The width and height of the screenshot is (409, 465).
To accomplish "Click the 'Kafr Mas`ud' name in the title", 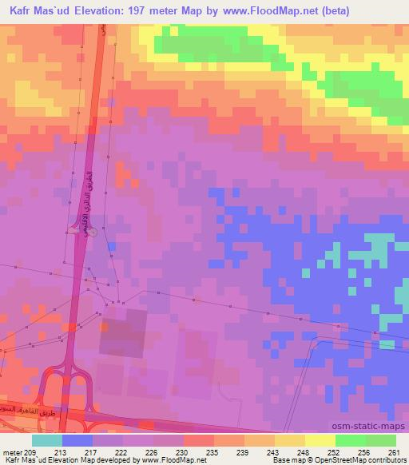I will click(38, 11).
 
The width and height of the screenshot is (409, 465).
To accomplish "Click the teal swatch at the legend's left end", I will click(47, 440).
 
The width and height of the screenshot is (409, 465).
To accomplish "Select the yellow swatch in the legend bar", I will click(320, 440).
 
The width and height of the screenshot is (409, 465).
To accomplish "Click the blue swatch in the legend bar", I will click(77, 440).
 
